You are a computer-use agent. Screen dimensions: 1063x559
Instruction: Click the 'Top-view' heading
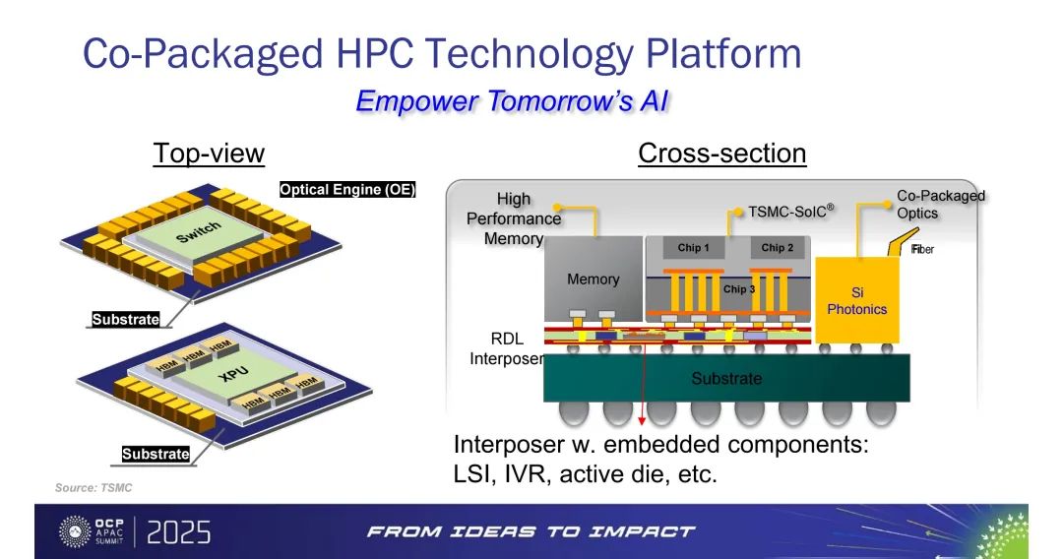pos(209,154)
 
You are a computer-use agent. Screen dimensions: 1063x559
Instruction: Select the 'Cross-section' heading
pos(722,154)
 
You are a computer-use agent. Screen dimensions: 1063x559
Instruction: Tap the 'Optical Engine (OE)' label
pos(347,190)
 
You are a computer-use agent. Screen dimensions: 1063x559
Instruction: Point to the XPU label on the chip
pos(233,373)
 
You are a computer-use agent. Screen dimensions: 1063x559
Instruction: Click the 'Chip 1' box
pos(693,247)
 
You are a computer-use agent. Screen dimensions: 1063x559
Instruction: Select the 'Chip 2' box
pos(777,247)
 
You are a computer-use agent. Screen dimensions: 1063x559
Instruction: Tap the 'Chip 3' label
pos(739,289)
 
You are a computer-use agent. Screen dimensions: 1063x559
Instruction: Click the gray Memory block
pos(594,279)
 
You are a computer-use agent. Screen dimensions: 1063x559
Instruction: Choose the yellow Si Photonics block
pos(857,300)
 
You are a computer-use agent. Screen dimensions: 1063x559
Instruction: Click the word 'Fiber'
pos(922,249)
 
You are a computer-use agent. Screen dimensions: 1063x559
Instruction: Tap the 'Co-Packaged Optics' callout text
pos(940,204)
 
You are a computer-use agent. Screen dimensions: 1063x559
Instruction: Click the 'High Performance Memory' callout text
pos(514,218)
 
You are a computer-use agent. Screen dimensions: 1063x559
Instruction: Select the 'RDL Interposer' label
pos(507,348)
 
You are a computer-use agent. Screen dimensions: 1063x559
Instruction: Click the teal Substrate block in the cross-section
pos(726,378)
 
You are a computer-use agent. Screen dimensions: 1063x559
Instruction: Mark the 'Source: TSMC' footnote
pos(94,488)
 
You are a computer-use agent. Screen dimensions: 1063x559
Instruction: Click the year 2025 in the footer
pos(178,532)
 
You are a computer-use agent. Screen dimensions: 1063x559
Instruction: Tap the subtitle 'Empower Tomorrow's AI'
pos(513,101)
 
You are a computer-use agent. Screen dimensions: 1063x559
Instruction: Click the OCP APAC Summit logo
pos(93,531)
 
